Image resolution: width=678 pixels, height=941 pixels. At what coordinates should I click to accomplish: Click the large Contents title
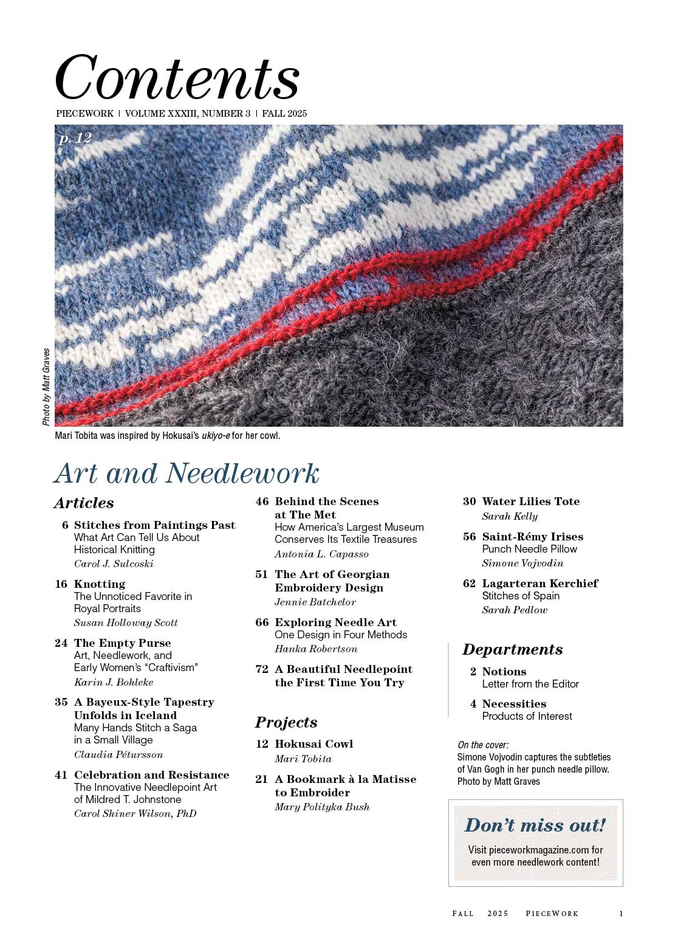(177, 77)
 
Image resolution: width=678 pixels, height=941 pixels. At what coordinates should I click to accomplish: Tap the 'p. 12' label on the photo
(75, 139)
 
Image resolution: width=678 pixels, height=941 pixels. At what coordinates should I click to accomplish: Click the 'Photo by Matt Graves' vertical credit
(47, 387)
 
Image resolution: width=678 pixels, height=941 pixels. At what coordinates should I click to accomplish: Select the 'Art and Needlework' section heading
(187, 474)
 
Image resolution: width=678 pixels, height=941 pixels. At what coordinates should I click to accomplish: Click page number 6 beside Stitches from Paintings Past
(65, 525)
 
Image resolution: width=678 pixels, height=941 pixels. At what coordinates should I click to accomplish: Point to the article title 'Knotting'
(99, 584)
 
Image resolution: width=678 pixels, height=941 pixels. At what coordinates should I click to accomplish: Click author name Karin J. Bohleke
(114, 682)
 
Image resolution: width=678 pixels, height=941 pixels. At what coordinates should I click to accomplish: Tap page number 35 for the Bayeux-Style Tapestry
(61, 702)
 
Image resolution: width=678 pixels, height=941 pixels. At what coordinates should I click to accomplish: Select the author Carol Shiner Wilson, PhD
(135, 813)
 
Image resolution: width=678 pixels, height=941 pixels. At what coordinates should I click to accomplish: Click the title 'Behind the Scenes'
(326, 502)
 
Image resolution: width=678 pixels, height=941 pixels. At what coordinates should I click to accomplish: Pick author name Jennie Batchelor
(315, 602)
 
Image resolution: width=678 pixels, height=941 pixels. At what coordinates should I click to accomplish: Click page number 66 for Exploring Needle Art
(262, 622)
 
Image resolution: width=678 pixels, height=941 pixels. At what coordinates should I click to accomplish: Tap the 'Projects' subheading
(286, 722)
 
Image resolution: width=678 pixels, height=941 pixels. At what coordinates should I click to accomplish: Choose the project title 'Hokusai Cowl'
(313, 744)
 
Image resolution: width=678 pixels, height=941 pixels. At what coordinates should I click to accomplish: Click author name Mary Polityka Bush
(322, 807)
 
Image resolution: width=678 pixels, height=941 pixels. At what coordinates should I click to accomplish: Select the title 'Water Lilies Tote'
(530, 502)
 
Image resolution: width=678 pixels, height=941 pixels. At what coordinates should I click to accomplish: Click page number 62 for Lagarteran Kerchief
(469, 584)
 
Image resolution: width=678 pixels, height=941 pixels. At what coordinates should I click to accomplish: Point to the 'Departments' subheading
(512, 649)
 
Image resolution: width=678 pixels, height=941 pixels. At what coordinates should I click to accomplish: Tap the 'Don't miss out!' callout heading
(535, 825)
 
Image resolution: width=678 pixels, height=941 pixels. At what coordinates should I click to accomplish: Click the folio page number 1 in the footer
(621, 913)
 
